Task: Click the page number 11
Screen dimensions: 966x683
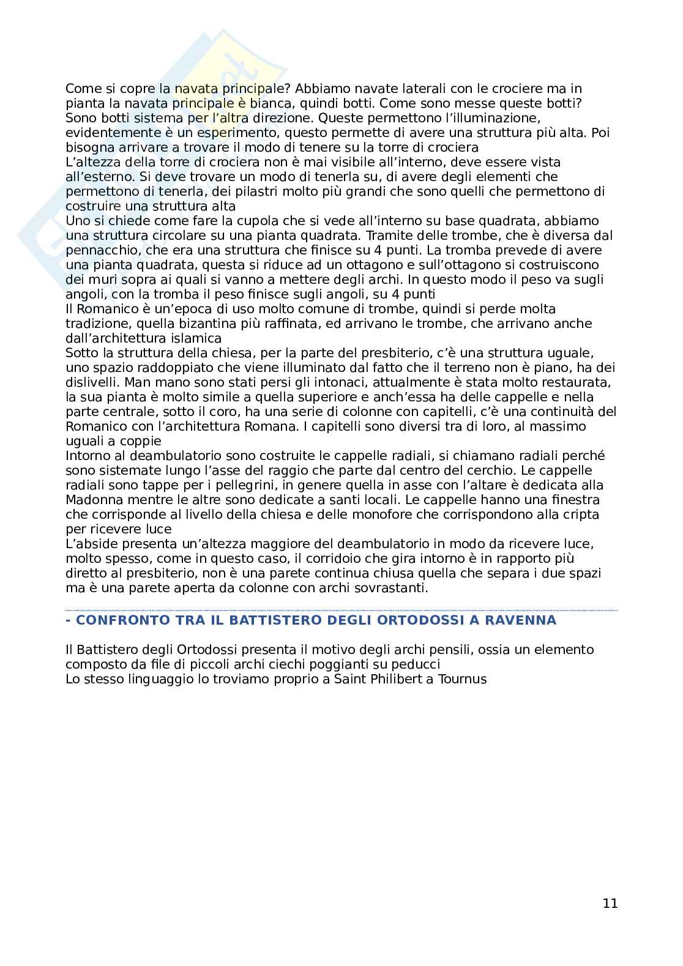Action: click(x=610, y=903)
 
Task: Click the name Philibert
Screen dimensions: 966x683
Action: click(x=392, y=678)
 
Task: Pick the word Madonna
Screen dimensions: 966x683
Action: click(x=90, y=500)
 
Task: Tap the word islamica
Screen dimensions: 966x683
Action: click(x=197, y=338)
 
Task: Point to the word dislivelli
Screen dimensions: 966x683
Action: click(x=92, y=382)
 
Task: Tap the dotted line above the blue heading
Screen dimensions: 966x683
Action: click(x=341, y=610)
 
